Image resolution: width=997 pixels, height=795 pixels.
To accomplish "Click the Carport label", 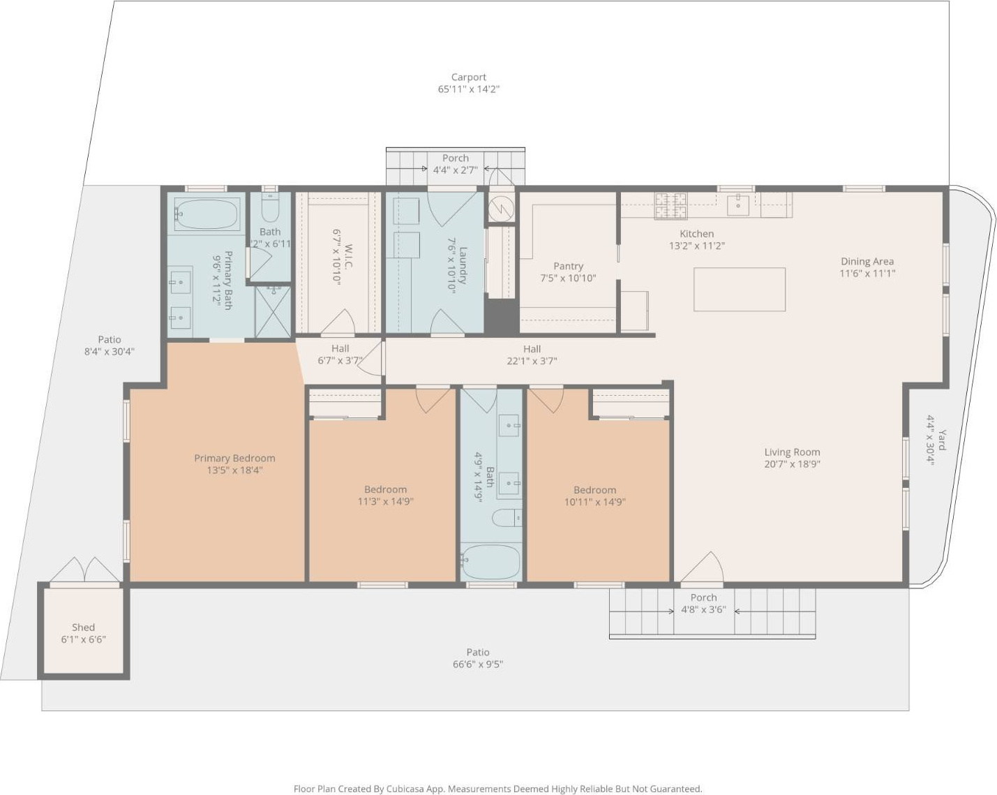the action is point(468,77).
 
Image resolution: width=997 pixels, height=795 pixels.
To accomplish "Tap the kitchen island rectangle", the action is point(739,289).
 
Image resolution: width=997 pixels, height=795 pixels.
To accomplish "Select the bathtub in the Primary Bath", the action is point(207,214).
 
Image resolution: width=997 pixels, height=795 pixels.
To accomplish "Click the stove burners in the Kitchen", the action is point(670,207).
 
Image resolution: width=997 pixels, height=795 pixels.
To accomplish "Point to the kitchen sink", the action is point(737,205).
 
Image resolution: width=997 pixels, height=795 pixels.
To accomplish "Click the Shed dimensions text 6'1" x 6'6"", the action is point(84,639).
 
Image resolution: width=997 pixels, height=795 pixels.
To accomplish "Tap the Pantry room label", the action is point(568,266).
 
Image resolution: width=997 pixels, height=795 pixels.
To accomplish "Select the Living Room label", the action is point(792,452).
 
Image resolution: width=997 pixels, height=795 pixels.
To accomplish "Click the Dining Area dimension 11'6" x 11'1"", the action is point(867,274).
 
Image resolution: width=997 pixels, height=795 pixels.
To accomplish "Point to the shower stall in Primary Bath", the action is point(273,312).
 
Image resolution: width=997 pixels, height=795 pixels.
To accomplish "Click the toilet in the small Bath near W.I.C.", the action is point(270,209).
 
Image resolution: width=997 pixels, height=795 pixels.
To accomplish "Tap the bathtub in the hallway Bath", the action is point(490,561).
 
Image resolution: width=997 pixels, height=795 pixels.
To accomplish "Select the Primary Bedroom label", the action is point(234,458).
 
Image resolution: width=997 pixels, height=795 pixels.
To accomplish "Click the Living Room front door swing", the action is point(703,567).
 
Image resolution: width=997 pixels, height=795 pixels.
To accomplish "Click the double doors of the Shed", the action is point(85,570).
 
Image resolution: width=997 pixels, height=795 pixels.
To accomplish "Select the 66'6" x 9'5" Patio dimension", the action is point(478,664).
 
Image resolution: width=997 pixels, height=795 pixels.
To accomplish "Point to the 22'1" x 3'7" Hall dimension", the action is point(532,361).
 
